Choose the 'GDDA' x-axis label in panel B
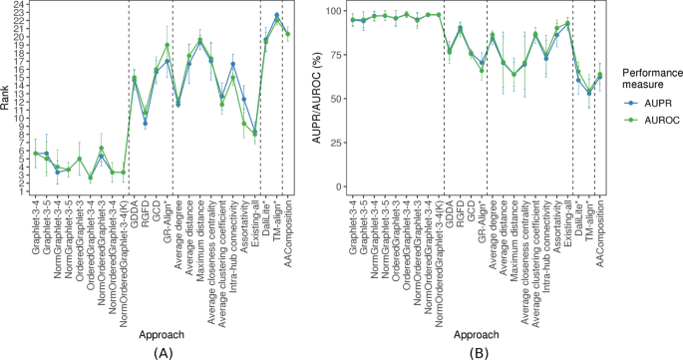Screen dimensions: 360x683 pyautogui.click(x=450, y=222)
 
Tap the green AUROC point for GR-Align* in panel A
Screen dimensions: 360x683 pyautogui.click(x=168, y=45)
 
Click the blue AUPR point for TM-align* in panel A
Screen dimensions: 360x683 pyautogui.click(x=276, y=16)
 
